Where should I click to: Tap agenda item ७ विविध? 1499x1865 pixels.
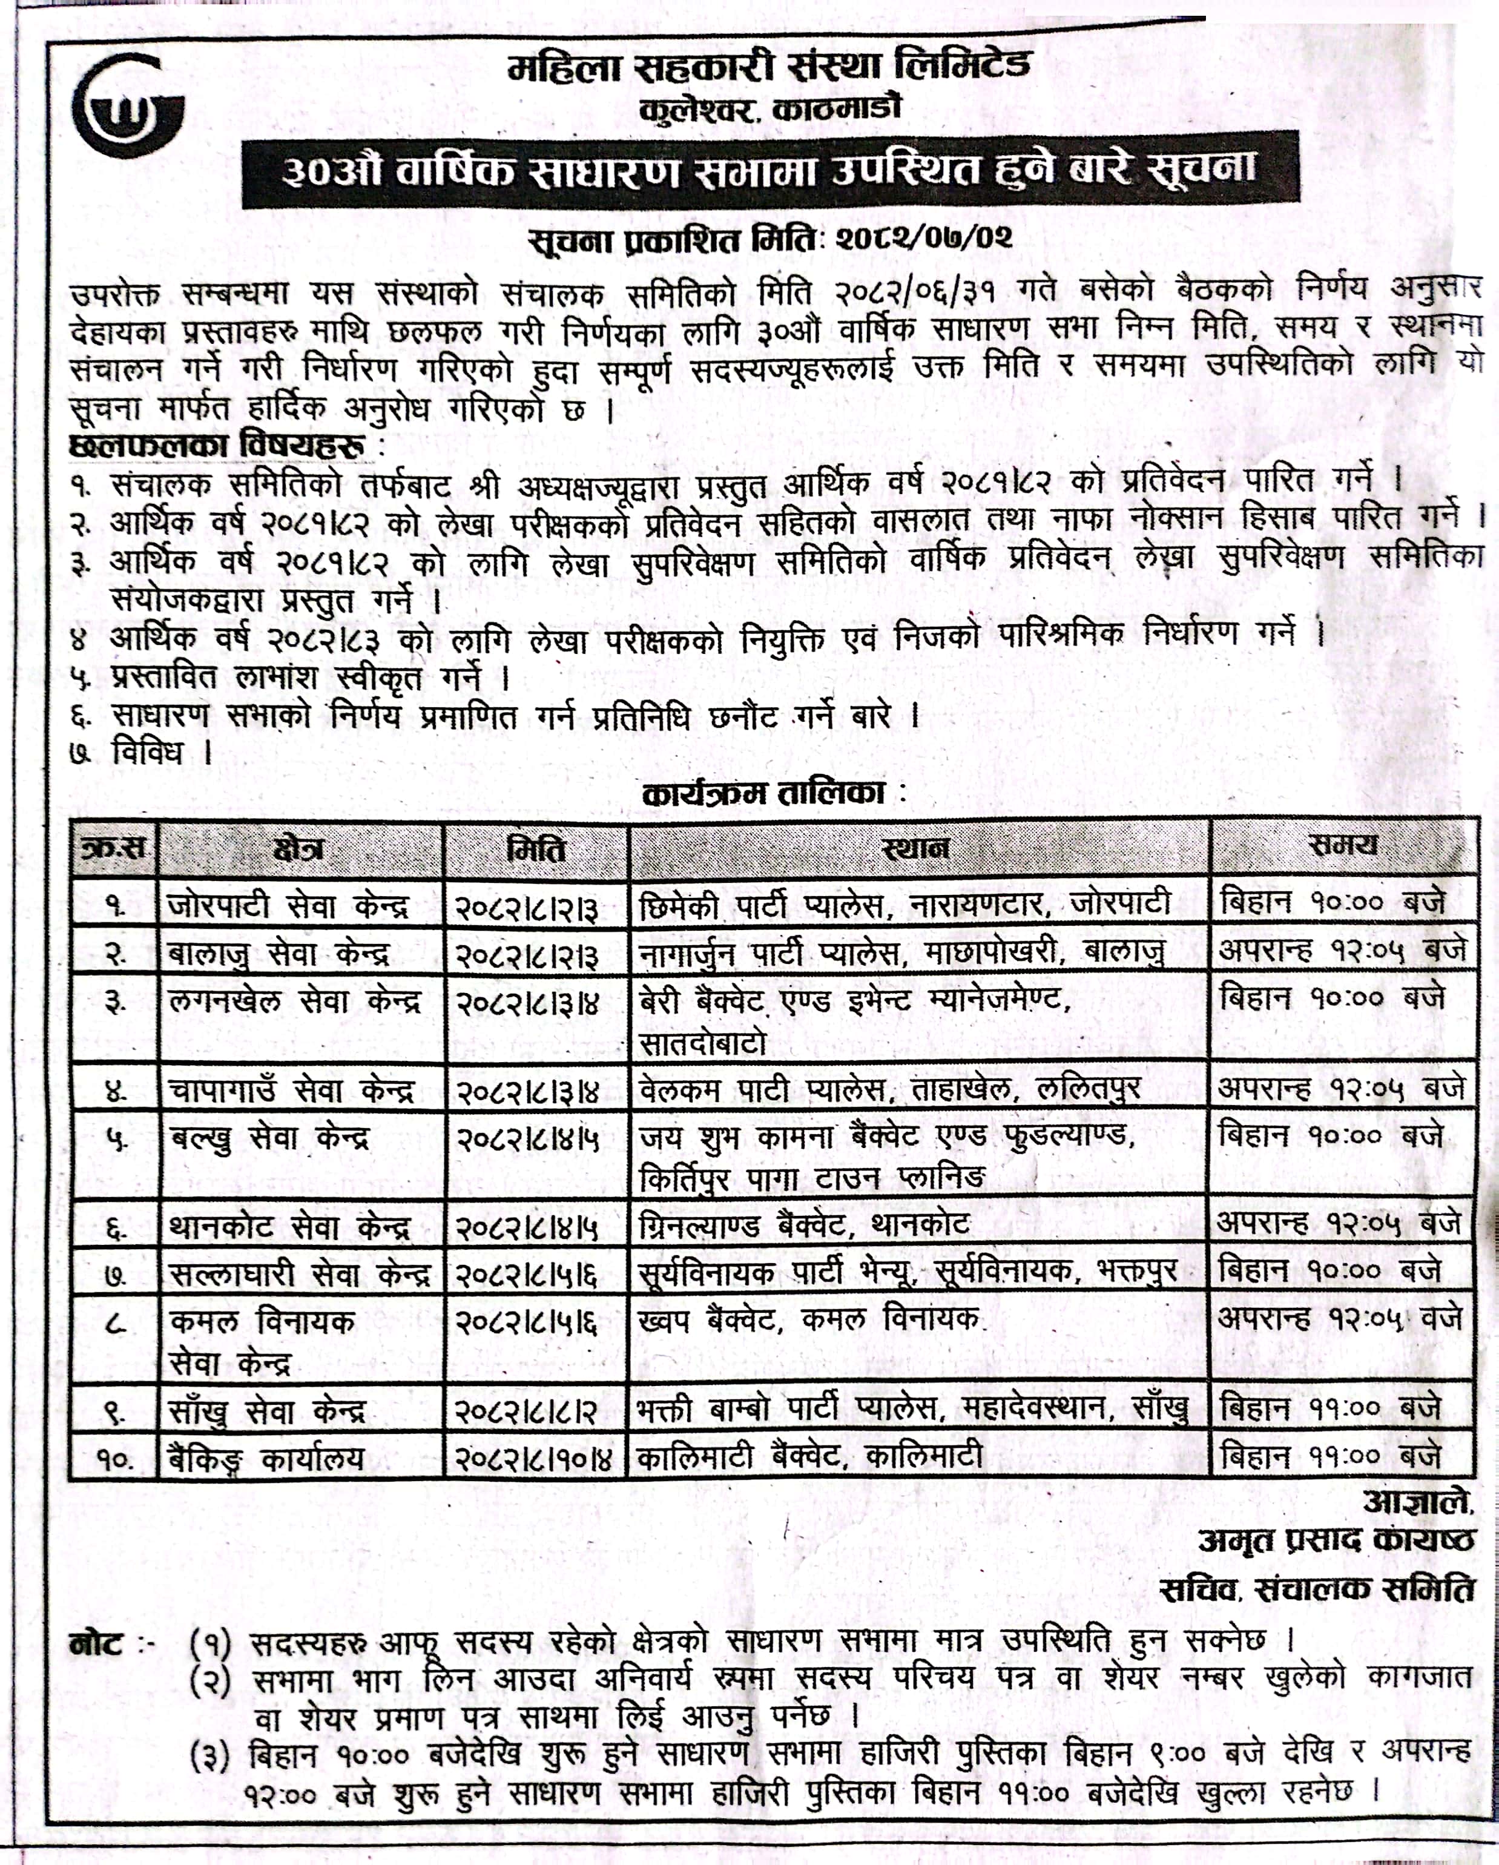pyautogui.click(x=143, y=753)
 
